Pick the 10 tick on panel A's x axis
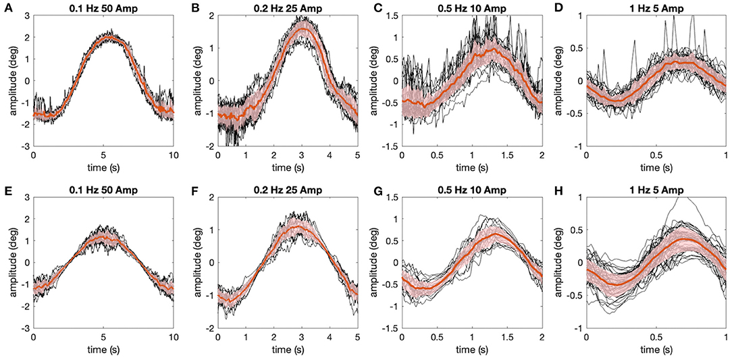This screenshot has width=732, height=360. (x=174, y=155)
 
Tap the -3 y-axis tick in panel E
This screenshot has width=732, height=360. (x=27, y=328)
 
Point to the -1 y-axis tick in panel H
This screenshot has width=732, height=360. (x=578, y=328)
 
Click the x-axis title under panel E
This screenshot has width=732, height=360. (x=103, y=350)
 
